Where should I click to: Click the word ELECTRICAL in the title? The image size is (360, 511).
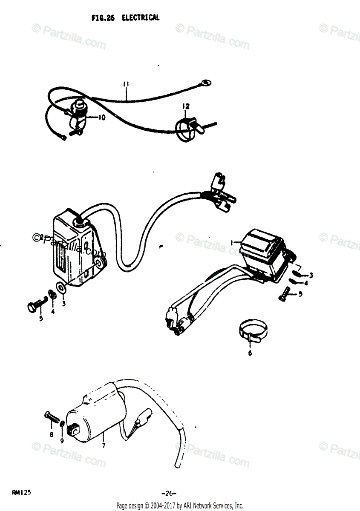140,18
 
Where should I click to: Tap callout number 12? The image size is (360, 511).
186,106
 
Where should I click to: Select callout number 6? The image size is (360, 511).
250,353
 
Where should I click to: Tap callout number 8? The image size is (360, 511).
51,434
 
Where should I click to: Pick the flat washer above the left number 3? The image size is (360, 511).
61,288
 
